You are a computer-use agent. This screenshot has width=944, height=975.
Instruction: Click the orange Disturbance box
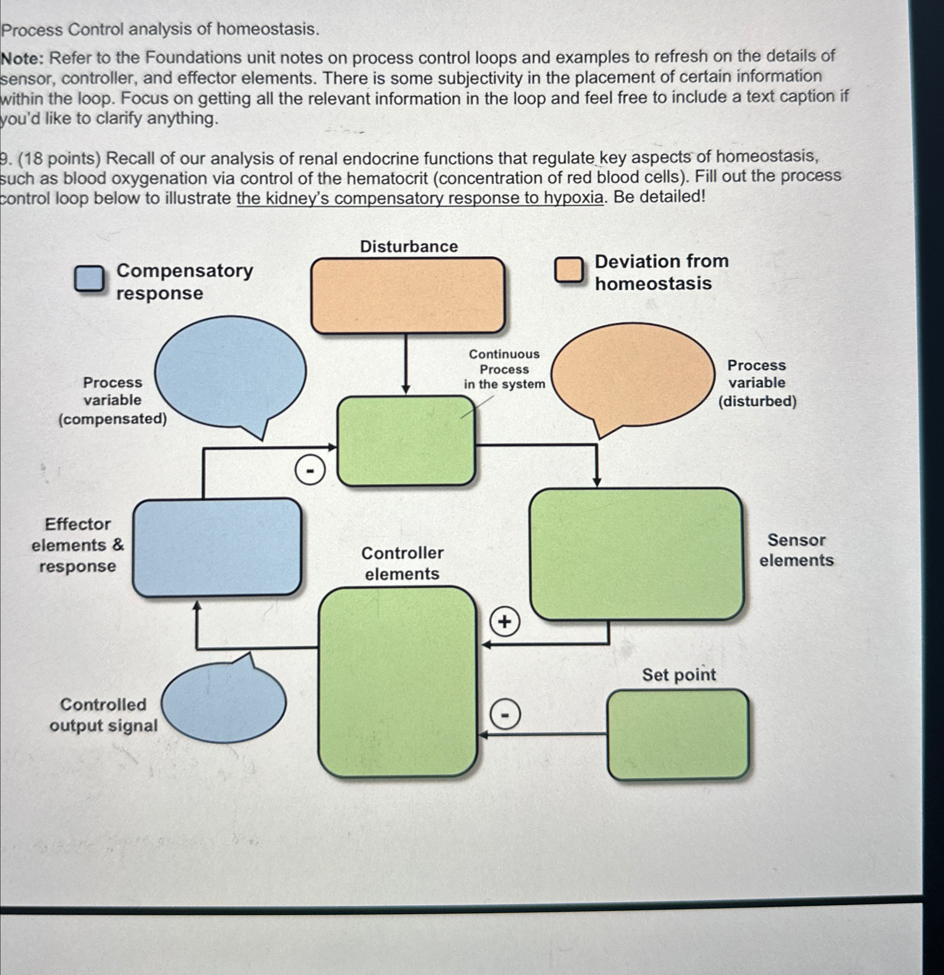coord(408,295)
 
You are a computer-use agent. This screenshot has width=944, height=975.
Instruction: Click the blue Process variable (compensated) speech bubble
coord(230,372)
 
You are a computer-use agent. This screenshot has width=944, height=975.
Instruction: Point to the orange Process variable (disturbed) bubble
coord(633,374)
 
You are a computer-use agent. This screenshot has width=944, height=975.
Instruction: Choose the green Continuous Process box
coord(406,440)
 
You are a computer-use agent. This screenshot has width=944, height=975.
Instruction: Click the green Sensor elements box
coord(636,554)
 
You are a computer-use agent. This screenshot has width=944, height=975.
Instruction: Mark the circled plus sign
coord(504,622)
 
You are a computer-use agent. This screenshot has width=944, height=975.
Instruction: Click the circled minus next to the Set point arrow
coord(505,715)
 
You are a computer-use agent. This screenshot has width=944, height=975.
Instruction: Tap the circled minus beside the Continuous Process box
coord(310,470)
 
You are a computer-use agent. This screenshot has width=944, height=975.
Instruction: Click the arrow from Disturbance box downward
coord(406,363)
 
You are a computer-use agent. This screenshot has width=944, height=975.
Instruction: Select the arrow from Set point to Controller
coord(542,734)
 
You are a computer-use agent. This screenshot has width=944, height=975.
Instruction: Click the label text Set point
coord(678,675)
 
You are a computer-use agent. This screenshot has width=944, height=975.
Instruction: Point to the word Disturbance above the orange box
coord(409,246)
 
